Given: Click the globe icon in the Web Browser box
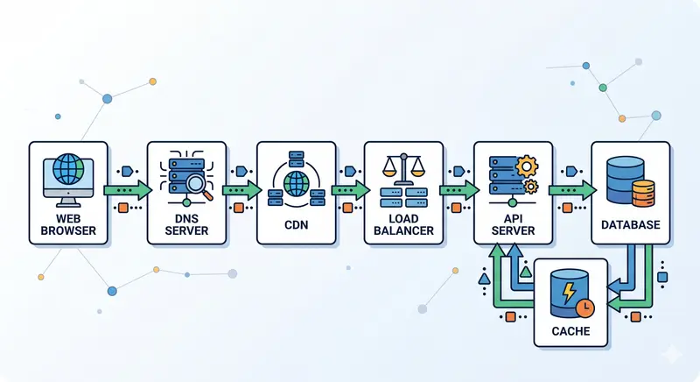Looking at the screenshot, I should click(68, 169).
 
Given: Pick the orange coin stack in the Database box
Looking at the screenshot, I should click(643, 189).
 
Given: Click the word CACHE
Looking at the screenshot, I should click(570, 331).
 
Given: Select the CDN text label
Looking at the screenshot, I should click(296, 225).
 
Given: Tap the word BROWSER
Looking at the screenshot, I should click(68, 232).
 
